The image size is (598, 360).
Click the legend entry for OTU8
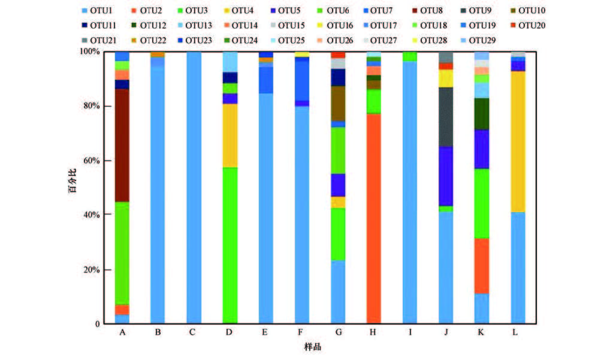coord(426,11)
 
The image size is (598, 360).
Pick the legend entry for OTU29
coord(481,40)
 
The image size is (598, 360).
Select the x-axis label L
coord(518,332)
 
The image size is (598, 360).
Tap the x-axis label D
coord(229,332)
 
